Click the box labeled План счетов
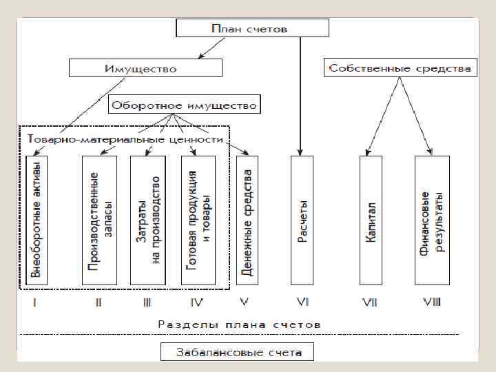(x=253, y=28)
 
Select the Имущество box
(x=145, y=68)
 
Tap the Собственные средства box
(x=400, y=68)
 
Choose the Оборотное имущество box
(x=184, y=105)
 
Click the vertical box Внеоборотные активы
(x=37, y=220)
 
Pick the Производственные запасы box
(x=99, y=220)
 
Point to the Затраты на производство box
(x=147, y=220)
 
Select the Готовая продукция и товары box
(x=198, y=220)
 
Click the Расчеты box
(x=302, y=220)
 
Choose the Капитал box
(x=371, y=220)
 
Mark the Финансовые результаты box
(x=432, y=220)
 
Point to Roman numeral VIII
(x=432, y=302)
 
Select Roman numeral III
(x=147, y=302)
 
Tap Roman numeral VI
(x=302, y=302)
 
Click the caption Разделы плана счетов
(x=239, y=322)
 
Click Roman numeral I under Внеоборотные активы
(x=35, y=302)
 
